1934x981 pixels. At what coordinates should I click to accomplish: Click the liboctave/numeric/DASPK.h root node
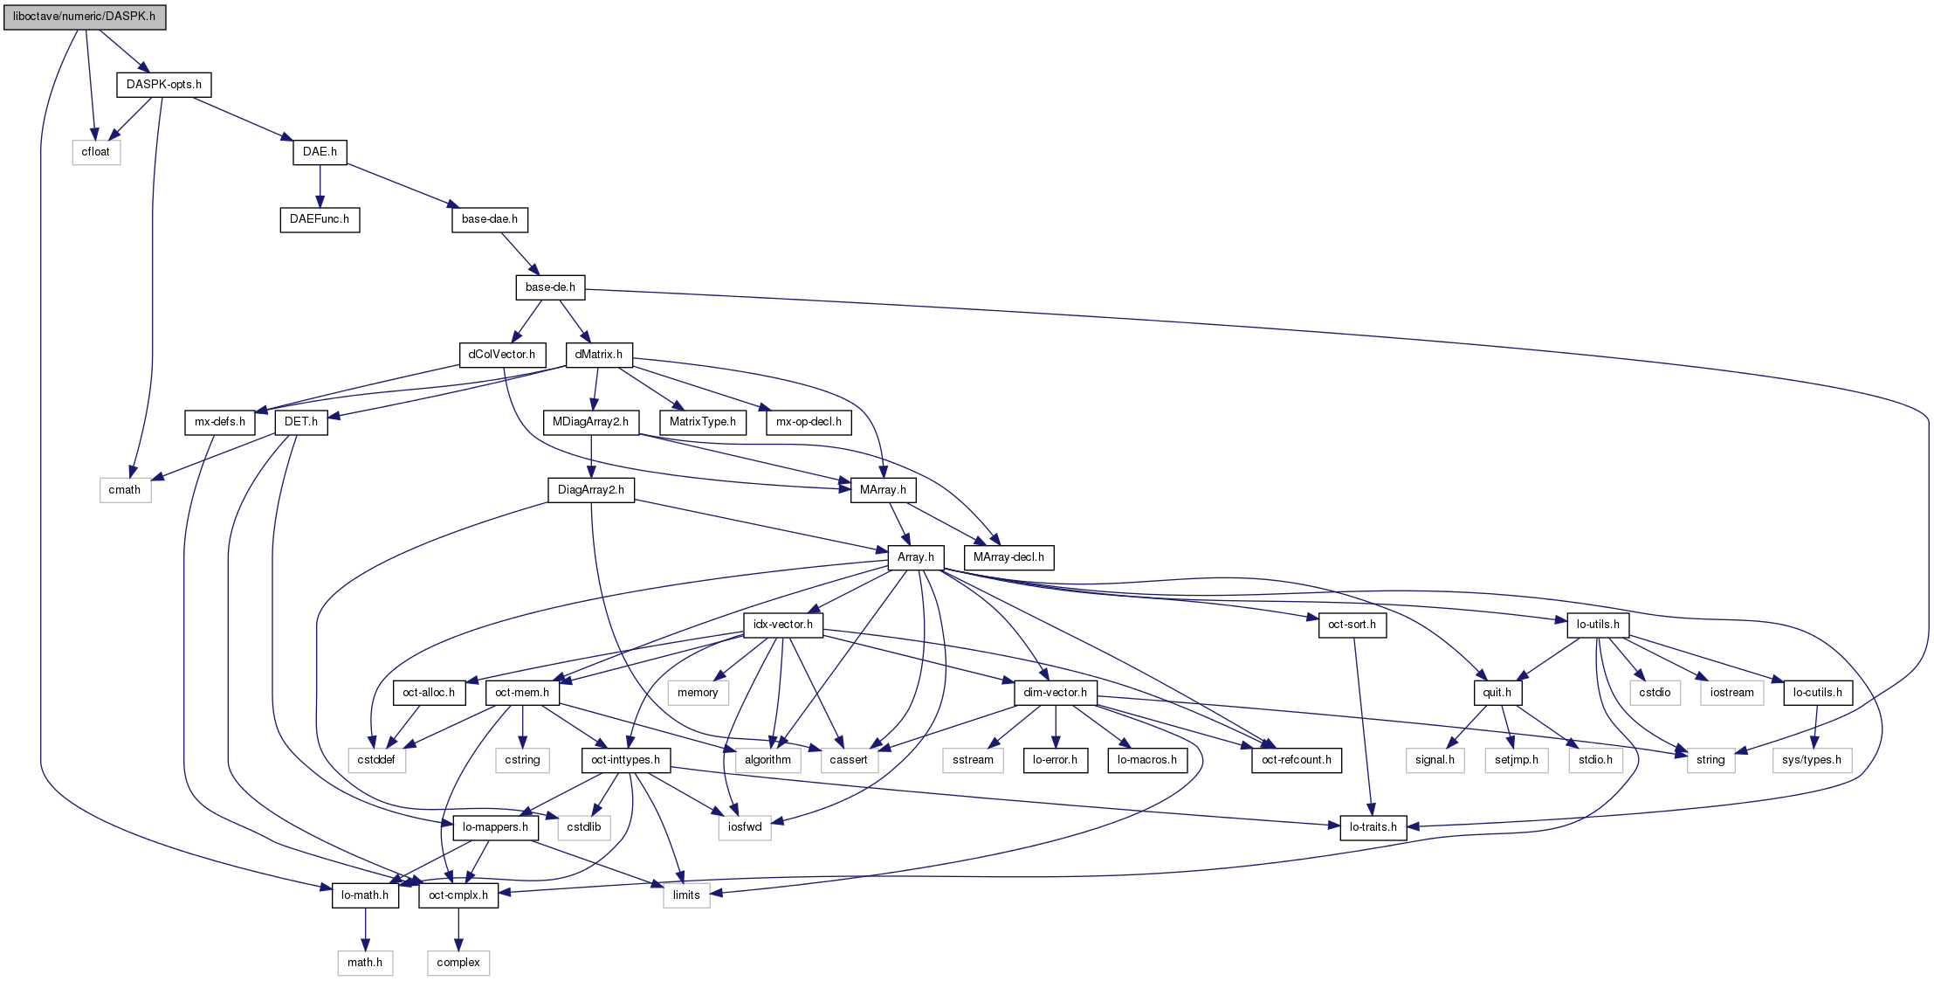pos(84,17)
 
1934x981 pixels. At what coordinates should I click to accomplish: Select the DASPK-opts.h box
pos(164,85)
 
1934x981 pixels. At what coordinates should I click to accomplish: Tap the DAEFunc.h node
pos(320,219)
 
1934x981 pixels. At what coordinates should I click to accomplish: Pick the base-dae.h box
pos(489,219)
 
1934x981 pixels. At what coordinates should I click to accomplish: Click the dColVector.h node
pos(502,355)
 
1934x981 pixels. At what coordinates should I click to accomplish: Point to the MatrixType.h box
pos(702,422)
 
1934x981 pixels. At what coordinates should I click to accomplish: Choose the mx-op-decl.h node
pos(809,422)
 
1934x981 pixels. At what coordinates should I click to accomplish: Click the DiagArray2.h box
pos(591,490)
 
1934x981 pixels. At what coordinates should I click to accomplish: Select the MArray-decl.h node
pos(1008,557)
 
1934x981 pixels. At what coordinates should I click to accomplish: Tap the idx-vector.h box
pos(783,625)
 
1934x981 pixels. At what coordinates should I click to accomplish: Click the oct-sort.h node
pos(1352,625)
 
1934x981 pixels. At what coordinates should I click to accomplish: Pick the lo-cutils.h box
pos(1817,693)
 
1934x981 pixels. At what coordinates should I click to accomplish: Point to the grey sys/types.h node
pos(1812,760)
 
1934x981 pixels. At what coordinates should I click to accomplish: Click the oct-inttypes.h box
pos(626,760)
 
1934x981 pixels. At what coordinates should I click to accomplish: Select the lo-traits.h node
pos(1373,827)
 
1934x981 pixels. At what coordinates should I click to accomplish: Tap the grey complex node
pos(458,963)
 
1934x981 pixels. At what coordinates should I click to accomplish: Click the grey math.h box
pos(365,963)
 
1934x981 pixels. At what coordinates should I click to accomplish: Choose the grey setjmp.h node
pos(1517,760)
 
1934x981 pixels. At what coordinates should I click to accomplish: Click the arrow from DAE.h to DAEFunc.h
pos(320,185)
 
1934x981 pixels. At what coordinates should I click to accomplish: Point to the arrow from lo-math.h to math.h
pos(365,929)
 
